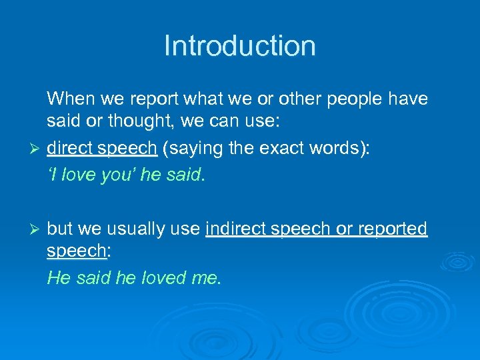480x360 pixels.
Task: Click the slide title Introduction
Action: (239, 46)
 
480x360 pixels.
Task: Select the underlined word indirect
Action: (235, 229)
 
